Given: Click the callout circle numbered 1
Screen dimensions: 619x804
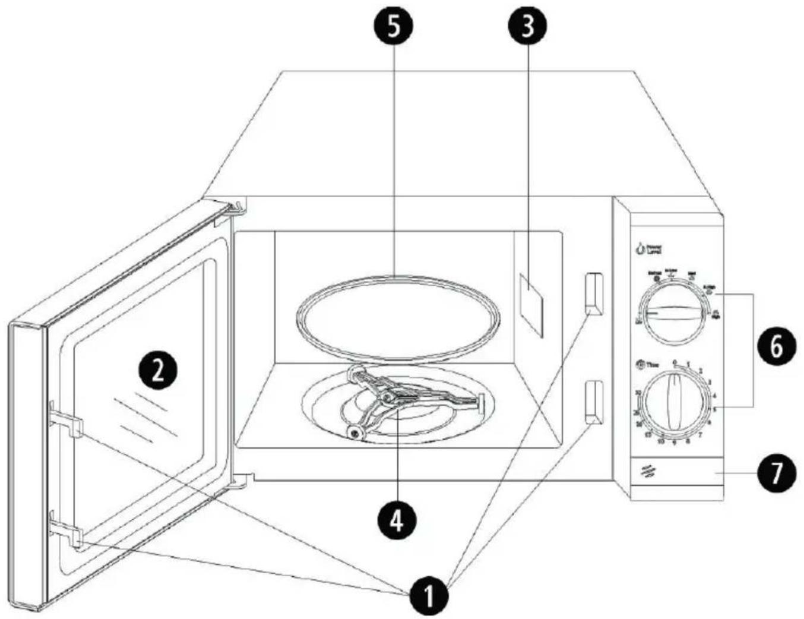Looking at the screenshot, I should click(428, 595).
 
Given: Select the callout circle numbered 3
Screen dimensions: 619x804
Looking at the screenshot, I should click(527, 27).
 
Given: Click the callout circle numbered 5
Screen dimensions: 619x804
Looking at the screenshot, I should click(392, 27).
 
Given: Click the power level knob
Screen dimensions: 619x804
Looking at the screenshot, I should click(673, 313).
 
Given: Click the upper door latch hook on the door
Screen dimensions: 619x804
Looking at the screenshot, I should click(65, 419).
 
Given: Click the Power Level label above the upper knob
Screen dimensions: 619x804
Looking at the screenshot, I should click(648, 249).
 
